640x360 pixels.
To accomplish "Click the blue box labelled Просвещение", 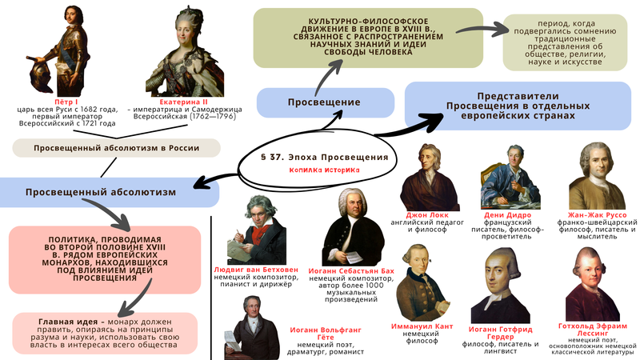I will pyautogui.click(x=325, y=103).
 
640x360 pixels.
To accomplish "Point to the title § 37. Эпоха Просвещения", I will pyautogui.click(x=324, y=157).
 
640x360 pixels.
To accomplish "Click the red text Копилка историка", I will pyautogui.click(x=324, y=170).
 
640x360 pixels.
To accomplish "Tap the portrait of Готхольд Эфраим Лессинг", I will pyautogui.click(x=594, y=283).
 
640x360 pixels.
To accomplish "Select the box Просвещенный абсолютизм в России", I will pyautogui.click(x=117, y=148).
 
